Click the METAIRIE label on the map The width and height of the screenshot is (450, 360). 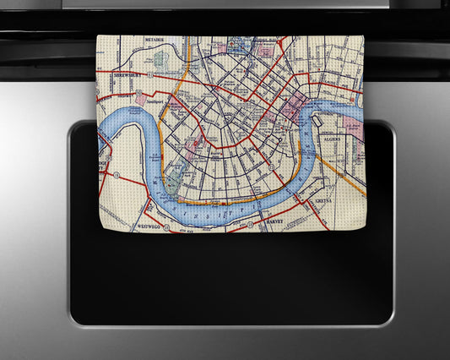pyautogui.click(x=153, y=39)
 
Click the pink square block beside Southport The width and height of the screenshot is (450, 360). pyautogui.click(x=177, y=106)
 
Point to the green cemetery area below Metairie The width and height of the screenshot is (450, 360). pyautogui.click(x=160, y=60)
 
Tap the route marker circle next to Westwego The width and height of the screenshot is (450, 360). pyautogui.click(x=166, y=227)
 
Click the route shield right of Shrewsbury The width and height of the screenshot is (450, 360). pyautogui.click(x=149, y=74)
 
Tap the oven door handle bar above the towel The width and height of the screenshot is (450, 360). pyautogui.click(x=225, y=20)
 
